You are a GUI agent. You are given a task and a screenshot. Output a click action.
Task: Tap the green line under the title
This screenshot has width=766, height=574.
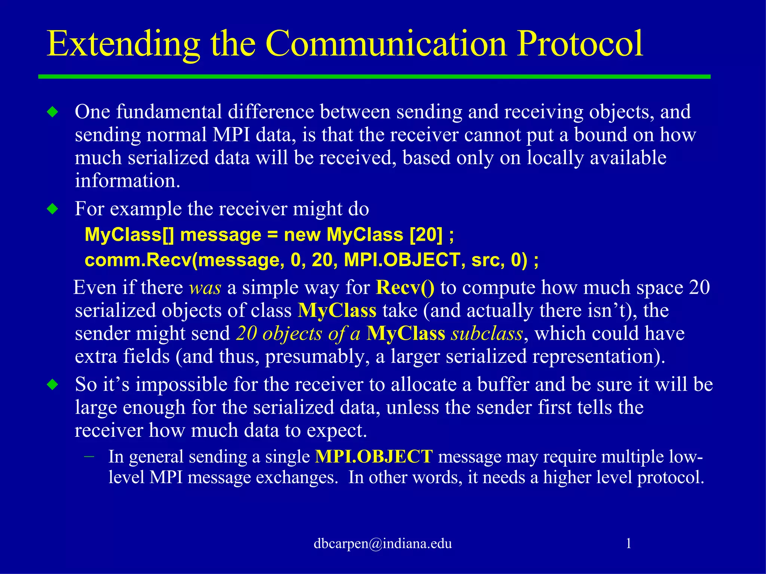tap(374, 77)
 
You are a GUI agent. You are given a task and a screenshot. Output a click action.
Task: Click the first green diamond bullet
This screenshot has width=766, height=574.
tap(53, 112)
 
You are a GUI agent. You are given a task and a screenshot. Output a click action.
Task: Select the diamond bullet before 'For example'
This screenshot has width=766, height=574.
tap(53, 209)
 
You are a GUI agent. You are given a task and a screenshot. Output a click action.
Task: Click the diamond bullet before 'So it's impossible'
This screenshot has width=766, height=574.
tap(53, 384)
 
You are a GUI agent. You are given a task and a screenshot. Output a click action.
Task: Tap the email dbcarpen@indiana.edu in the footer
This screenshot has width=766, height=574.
tap(383, 543)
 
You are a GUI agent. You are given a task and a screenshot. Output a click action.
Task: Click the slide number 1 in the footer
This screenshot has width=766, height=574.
tap(629, 543)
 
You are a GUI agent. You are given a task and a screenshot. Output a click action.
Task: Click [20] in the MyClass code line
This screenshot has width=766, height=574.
tap(426, 235)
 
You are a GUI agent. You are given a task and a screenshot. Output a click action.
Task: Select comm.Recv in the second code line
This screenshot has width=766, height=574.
tap(137, 260)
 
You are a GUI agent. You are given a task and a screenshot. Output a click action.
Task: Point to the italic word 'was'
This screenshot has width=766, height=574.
tap(205, 288)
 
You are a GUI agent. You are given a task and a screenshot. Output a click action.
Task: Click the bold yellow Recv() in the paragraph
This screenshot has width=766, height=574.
tap(405, 287)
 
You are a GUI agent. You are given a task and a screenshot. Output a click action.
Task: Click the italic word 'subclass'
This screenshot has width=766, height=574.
tap(487, 333)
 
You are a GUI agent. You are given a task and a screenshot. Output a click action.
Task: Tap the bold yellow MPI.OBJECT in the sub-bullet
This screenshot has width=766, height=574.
tap(374, 457)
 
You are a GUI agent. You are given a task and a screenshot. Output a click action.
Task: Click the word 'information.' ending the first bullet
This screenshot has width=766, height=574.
tap(128, 181)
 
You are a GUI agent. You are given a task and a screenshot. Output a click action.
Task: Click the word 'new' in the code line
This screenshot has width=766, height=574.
tap(302, 235)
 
